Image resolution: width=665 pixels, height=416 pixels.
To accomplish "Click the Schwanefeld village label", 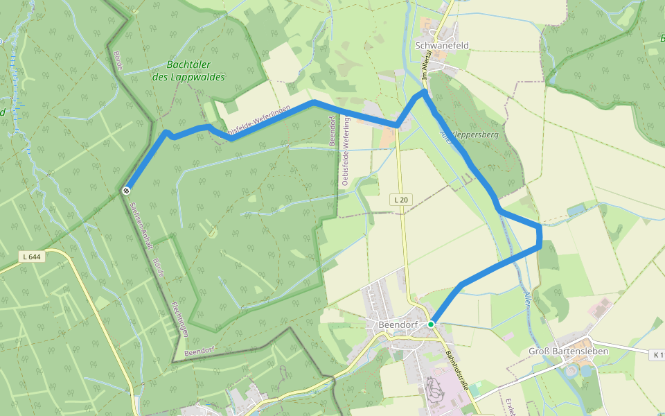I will click(x=442, y=46).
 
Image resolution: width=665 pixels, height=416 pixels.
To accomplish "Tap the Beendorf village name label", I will click(x=396, y=324).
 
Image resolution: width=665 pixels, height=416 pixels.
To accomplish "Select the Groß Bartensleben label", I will click(x=568, y=352).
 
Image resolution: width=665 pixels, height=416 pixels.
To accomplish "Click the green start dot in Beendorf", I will click(x=431, y=324).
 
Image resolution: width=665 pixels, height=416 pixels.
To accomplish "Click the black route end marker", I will click(x=126, y=190).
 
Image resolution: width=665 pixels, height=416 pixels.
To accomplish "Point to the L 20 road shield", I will click(x=400, y=200).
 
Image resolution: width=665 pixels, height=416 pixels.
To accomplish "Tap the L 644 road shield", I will click(x=32, y=257).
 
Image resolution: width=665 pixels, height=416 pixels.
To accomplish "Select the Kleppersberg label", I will click(x=476, y=136).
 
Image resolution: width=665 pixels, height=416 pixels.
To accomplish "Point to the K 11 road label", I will click(x=657, y=355).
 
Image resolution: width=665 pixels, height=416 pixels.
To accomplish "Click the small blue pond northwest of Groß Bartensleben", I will click(x=576, y=209).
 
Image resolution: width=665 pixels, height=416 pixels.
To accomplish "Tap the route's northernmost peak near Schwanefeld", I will click(x=424, y=91).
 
